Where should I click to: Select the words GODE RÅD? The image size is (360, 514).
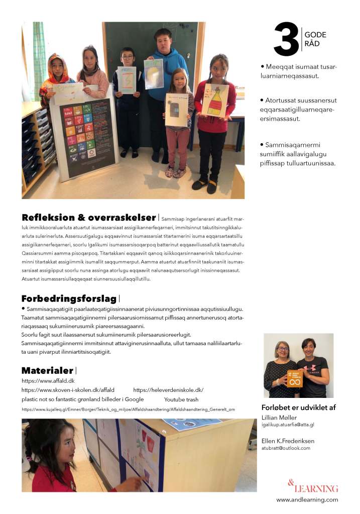point(315,39)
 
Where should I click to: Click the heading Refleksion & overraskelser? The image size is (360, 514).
point(88,218)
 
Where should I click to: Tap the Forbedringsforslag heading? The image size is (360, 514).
point(69,299)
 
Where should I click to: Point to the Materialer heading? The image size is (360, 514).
point(48,371)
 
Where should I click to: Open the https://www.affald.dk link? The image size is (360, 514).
point(45,381)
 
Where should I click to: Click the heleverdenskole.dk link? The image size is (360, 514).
point(168,390)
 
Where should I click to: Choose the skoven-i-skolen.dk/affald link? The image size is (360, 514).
point(68,390)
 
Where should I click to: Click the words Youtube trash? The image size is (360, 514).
point(181,399)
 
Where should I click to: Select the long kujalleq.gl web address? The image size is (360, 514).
point(128,409)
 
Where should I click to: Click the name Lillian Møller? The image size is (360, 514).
point(279,418)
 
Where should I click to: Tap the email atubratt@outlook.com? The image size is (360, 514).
point(286,448)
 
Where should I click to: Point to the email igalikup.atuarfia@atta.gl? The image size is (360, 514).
point(288,425)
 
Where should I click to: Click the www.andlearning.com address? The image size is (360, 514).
point(307,499)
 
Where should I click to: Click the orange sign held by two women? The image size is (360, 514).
point(295,378)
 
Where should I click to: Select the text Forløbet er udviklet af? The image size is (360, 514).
point(298,407)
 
